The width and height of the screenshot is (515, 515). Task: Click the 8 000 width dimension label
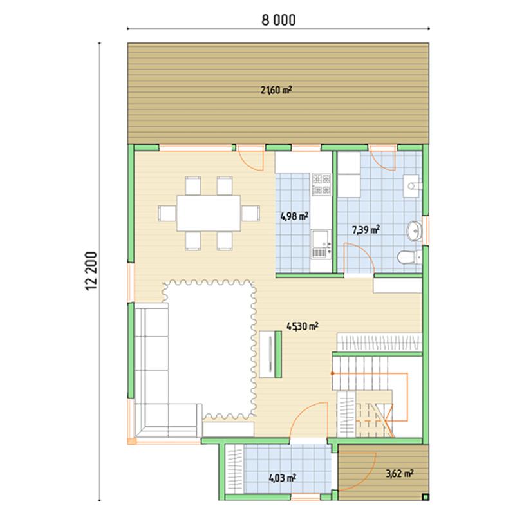(x=279, y=20)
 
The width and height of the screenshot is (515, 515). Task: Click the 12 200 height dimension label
(x=91, y=271)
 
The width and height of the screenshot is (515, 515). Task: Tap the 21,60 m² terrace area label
(x=276, y=90)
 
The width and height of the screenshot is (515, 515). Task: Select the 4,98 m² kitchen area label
(x=294, y=216)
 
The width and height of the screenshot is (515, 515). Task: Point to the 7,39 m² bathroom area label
(x=366, y=230)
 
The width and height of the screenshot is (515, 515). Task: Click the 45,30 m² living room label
(x=302, y=326)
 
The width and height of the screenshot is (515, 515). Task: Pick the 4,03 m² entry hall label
(x=283, y=478)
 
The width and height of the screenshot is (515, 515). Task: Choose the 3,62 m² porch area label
(x=399, y=473)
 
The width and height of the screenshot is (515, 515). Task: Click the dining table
(x=209, y=214)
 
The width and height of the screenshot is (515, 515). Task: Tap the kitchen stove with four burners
(x=321, y=184)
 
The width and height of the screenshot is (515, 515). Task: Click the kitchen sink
(x=321, y=243)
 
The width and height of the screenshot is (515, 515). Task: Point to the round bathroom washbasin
(x=414, y=230)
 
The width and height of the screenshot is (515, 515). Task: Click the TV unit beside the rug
(x=267, y=355)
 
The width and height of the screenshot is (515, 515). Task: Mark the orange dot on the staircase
(x=333, y=373)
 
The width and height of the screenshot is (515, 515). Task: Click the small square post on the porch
(x=425, y=496)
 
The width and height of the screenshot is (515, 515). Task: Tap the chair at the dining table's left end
(x=167, y=214)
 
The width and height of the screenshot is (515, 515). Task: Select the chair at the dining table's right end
(x=250, y=214)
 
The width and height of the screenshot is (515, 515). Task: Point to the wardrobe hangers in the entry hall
(x=234, y=469)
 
